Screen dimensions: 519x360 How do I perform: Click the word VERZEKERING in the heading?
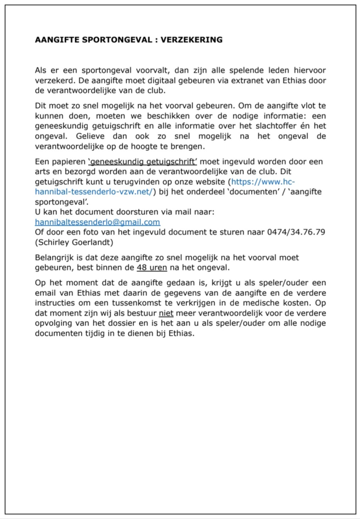pos(192,40)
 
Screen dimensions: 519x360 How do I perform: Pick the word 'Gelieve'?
pos(90,136)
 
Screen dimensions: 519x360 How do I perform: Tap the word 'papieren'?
pos(70,162)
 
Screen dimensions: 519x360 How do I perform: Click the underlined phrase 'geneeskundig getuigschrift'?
pos(142,162)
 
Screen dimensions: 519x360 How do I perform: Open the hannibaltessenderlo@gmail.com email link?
pos(97,222)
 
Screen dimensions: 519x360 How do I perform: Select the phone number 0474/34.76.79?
pos(296,232)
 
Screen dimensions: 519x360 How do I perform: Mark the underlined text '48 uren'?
pos(152,268)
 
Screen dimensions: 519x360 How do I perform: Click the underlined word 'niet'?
pos(166,313)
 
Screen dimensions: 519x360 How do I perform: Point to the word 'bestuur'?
pos(143,313)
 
